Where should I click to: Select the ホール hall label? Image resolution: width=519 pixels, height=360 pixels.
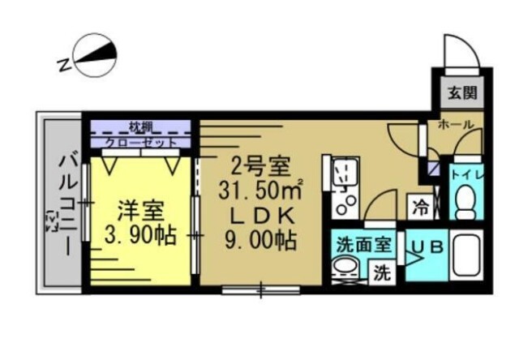(x=456, y=126)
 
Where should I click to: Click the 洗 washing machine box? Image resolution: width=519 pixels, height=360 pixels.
(x=381, y=273)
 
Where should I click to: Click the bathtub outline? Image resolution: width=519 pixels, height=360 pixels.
(x=468, y=256)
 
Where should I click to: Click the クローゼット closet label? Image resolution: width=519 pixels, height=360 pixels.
(x=141, y=143)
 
